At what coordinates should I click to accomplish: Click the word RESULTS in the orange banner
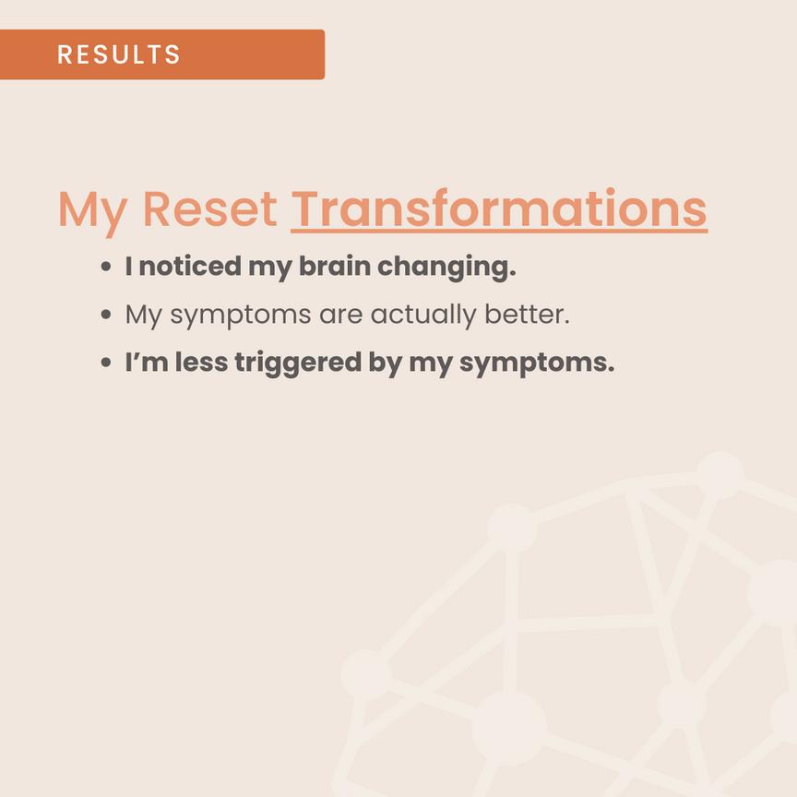point(118,54)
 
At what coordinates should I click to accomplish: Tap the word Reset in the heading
point(209,208)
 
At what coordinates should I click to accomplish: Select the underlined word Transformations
point(499,208)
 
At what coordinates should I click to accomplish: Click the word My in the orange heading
point(92,212)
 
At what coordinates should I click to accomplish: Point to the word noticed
point(190,267)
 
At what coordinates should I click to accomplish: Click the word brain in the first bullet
point(335,267)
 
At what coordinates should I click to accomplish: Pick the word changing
point(446,268)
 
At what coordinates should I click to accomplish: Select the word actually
point(423,315)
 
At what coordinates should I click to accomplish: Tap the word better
point(527,315)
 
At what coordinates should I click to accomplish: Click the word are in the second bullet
point(340,316)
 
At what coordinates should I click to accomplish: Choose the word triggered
point(298,364)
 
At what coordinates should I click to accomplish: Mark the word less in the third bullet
point(202,363)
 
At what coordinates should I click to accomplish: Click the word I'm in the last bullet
point(147,363)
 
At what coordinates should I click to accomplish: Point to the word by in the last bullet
point(386,364)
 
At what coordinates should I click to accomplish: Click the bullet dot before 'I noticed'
point(106,267)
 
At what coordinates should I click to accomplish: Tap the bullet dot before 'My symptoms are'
point(106,315)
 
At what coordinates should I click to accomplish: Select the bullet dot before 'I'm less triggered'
point(106,363)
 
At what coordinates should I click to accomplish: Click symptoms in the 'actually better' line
point(241,316)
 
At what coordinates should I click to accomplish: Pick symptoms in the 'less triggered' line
point(537,365)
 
